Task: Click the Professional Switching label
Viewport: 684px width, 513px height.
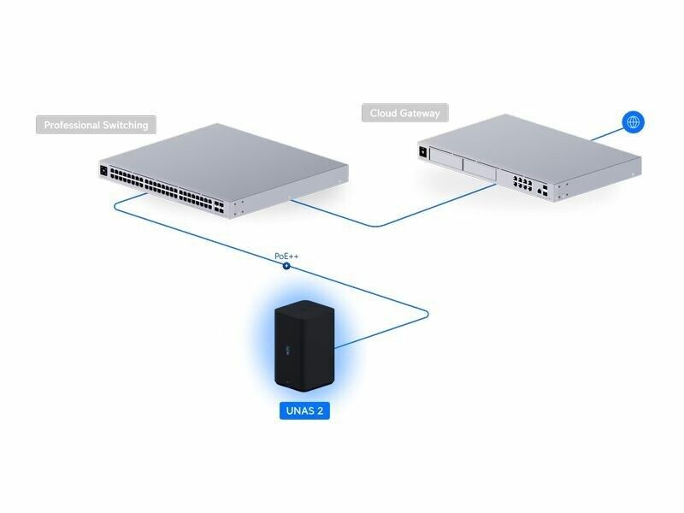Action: click(x=96, y=125)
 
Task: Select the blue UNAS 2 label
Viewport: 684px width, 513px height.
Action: click(x=304, y=411)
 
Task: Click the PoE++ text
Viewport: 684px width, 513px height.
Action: click(x=286, y=256)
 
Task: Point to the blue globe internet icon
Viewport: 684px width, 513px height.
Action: click(x=633, y=122)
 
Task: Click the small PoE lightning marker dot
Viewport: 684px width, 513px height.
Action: click(x=286, y=266)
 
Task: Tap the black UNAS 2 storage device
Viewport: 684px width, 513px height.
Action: click(x=304, y=346)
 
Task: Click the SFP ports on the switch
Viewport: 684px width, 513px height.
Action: click(x=220, y=205)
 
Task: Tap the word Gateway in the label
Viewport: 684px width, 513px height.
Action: click(x=422, y=113)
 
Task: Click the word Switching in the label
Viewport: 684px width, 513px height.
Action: click(x=121, y=125)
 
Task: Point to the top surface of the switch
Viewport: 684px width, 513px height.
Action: click(x=231, y=158)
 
